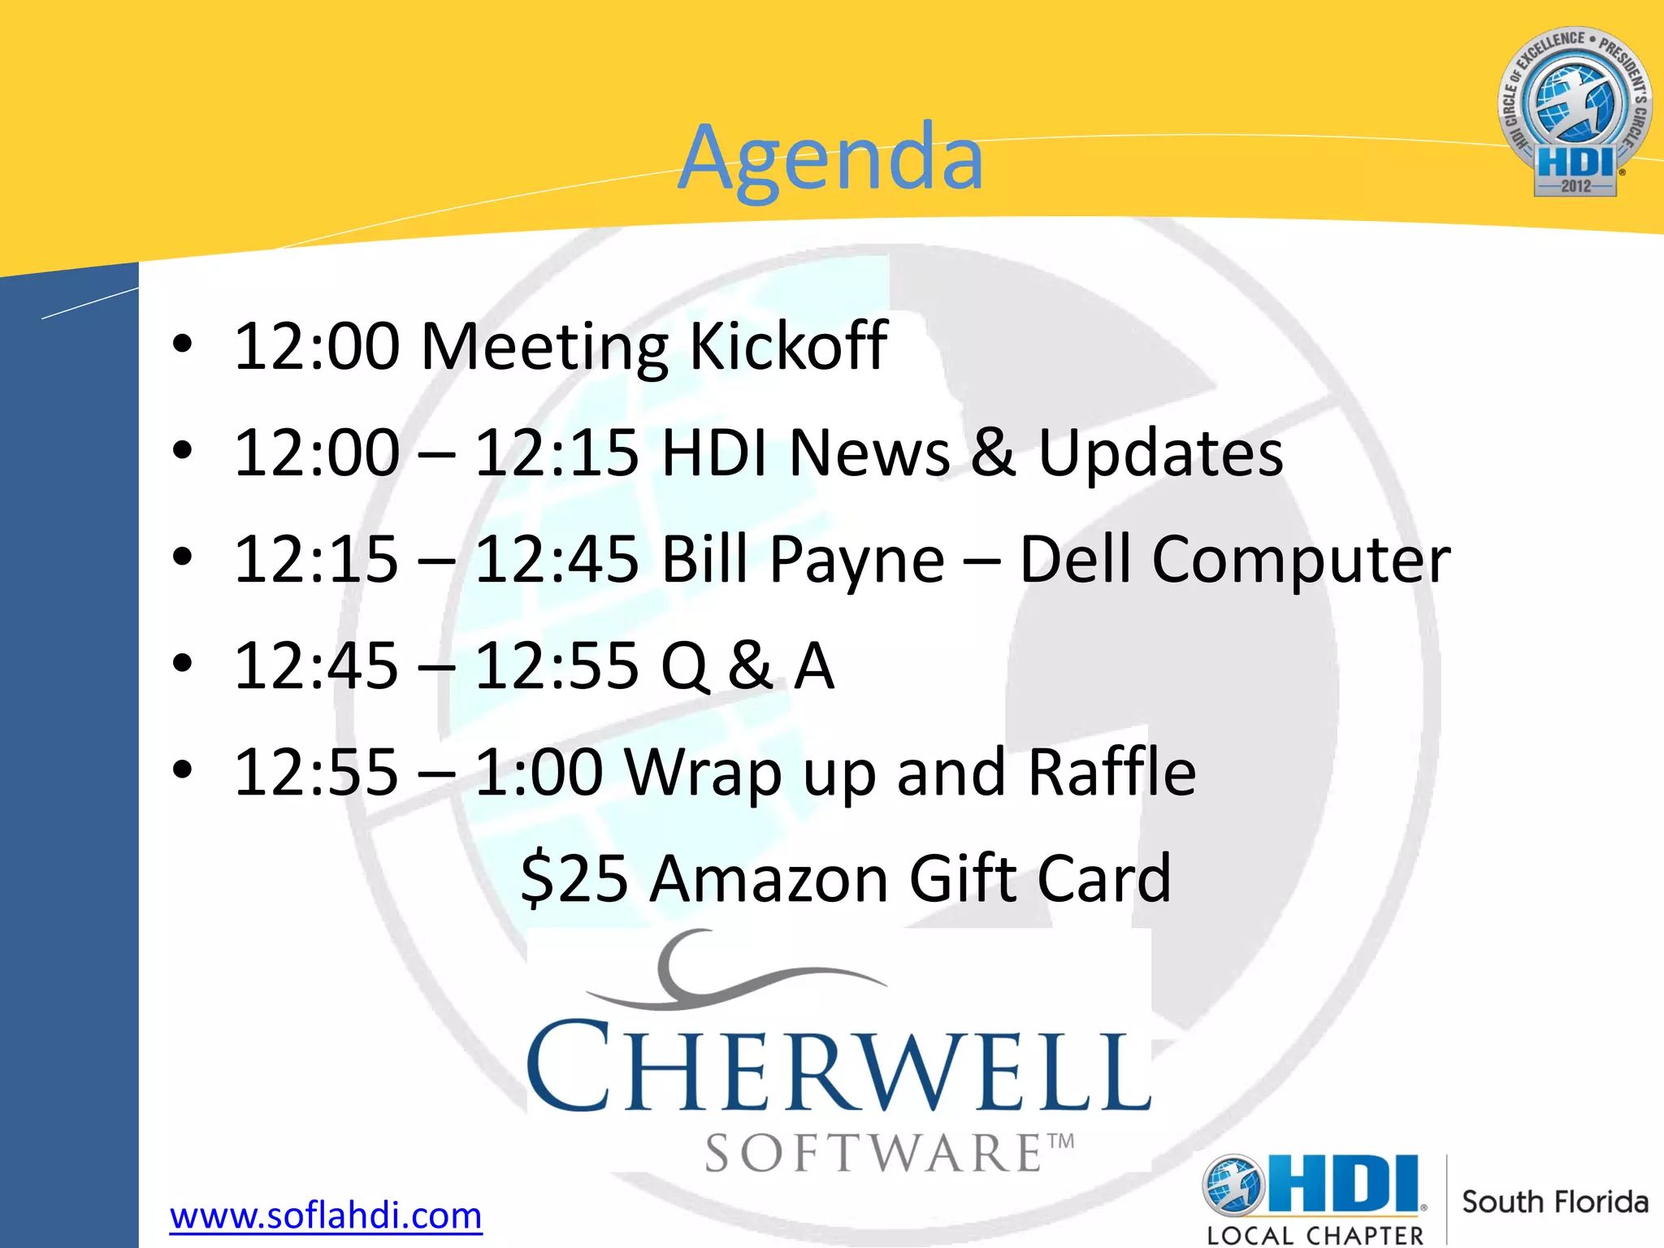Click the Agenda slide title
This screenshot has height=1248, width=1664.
click(830, 158)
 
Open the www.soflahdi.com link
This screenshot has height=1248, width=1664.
click(326, 1216)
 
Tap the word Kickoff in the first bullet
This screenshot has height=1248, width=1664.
click(787, 346)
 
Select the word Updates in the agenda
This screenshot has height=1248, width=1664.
click(1160, 453)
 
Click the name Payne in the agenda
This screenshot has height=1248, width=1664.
click(857, 561)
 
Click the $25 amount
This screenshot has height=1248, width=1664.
click(574, 879)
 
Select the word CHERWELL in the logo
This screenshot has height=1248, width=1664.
click(838, 1069)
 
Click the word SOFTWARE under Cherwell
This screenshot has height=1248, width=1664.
click(874, 1154)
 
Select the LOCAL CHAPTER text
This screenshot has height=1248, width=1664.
click(1315, 1236)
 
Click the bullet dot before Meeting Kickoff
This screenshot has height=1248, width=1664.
click(183, 344)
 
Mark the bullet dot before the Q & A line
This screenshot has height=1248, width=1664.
click(183, 664)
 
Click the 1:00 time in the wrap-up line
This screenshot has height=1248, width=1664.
click(539, 772)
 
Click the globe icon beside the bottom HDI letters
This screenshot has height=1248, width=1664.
click(1234, 1186)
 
